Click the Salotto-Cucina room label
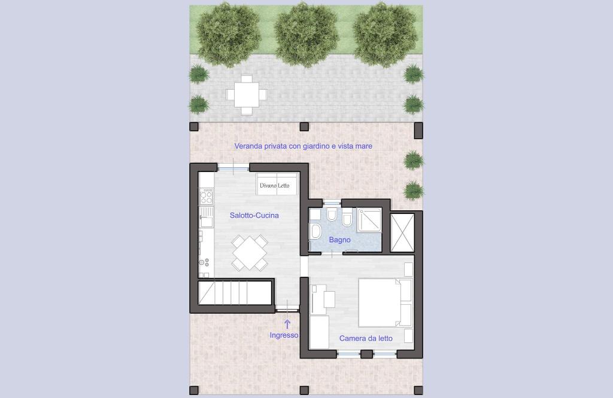click(254, 215)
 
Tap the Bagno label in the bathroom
click(339, 240)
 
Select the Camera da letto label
click(366, 338)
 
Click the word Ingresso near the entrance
click(284, 335)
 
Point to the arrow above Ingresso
click(287, 324)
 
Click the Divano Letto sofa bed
click(277, 184)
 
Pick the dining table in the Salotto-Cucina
click(250, 253)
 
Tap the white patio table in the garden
click(246, 95)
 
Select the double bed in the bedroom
click(385, 302)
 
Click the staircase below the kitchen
click(235, 293)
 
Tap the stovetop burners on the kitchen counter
click(207, 196)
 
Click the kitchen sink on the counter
click(207, 218)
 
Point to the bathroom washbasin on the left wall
click(314, 231)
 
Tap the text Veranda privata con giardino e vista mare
click(304, 146)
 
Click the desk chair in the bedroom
click(329, 299)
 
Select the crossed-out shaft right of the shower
click(402, 233)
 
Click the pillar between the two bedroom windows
click(366, 354)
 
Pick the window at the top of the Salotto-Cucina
click(233, 168)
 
